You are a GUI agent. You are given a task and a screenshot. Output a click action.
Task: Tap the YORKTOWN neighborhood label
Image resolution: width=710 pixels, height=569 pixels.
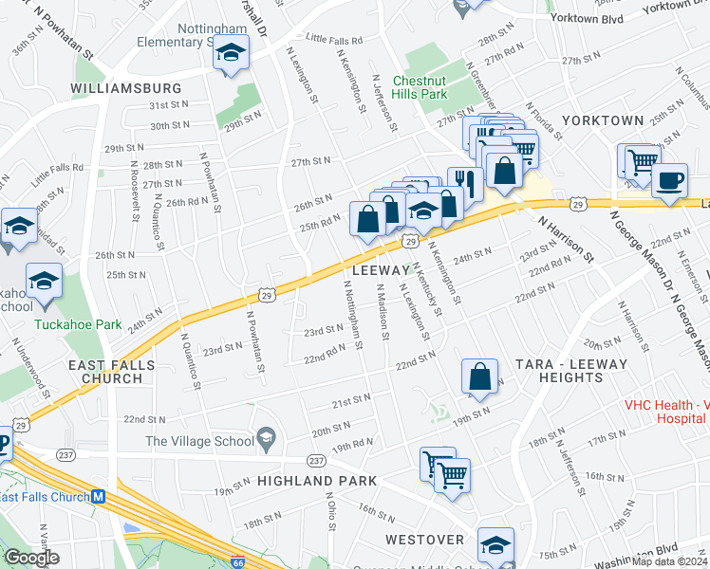603,121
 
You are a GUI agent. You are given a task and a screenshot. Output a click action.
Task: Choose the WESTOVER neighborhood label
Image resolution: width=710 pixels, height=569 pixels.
424,540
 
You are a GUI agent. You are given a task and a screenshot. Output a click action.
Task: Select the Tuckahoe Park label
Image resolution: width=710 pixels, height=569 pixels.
78,324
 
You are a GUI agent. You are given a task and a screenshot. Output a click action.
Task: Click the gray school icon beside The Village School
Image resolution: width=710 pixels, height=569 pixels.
268,439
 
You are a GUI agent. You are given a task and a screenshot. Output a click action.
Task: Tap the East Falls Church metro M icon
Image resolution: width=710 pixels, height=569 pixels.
97,497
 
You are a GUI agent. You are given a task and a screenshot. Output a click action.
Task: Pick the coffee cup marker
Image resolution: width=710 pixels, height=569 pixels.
670,179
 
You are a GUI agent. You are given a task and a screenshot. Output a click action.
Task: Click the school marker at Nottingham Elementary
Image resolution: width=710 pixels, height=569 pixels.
230,54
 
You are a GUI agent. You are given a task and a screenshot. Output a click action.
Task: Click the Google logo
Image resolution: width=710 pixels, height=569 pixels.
31,557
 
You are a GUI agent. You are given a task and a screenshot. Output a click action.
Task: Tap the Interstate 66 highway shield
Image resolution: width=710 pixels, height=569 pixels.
237,562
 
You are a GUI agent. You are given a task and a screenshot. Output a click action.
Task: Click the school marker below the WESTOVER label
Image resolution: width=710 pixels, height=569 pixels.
495,545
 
